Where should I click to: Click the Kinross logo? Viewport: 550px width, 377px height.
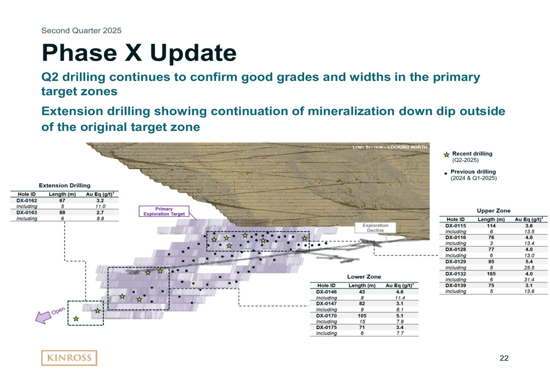(69, 358)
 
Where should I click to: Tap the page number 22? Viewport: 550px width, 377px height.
(504, 358)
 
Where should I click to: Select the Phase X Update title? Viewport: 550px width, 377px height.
(139, 53)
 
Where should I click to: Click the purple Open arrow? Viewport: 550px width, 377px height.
(43, 317)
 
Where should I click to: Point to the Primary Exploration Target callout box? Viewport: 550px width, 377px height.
(164, 211)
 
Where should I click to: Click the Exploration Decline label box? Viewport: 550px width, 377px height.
(375, 228)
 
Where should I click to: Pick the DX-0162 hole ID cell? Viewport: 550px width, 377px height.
(26, 200)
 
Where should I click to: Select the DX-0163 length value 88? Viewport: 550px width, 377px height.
(62, 212)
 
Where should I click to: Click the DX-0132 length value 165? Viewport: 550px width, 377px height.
(491, 274)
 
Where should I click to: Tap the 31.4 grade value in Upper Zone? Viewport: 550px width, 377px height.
(529, 280)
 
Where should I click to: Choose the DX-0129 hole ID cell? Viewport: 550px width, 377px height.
(455, 261)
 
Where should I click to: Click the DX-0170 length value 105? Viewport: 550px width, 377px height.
(362, 315)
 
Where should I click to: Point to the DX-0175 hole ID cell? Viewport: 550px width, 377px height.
(326, 327)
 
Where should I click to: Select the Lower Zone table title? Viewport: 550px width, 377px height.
(364, 277)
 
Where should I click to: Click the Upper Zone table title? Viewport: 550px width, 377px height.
(493, 211)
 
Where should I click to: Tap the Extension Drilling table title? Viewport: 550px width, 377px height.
(64, 185)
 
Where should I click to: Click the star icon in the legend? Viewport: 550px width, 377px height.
(447, 155)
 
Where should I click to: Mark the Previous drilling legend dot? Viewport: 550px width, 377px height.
(446, 173)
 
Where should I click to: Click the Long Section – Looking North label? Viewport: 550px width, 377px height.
(390, 147)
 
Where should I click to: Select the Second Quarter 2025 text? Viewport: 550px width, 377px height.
(81, 30)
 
